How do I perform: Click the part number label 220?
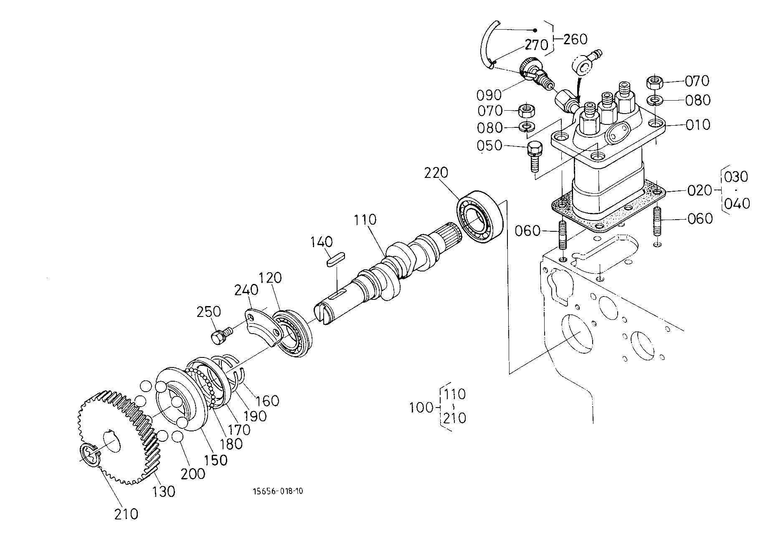(x=436, y=172)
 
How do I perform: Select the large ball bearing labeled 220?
(x=480, y=219)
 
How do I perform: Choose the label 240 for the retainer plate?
(x=246, y=289)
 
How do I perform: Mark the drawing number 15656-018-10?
(x=278, y=491)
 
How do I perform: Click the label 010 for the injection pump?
(x=697, y=125)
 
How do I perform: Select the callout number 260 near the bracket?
(x=575, y=39)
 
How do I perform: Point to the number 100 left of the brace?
(x=421, y=407)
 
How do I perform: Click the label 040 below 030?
(x=737, y=204)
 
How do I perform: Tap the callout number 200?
(x=193, y=474)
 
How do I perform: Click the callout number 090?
(x=489, y=95)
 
